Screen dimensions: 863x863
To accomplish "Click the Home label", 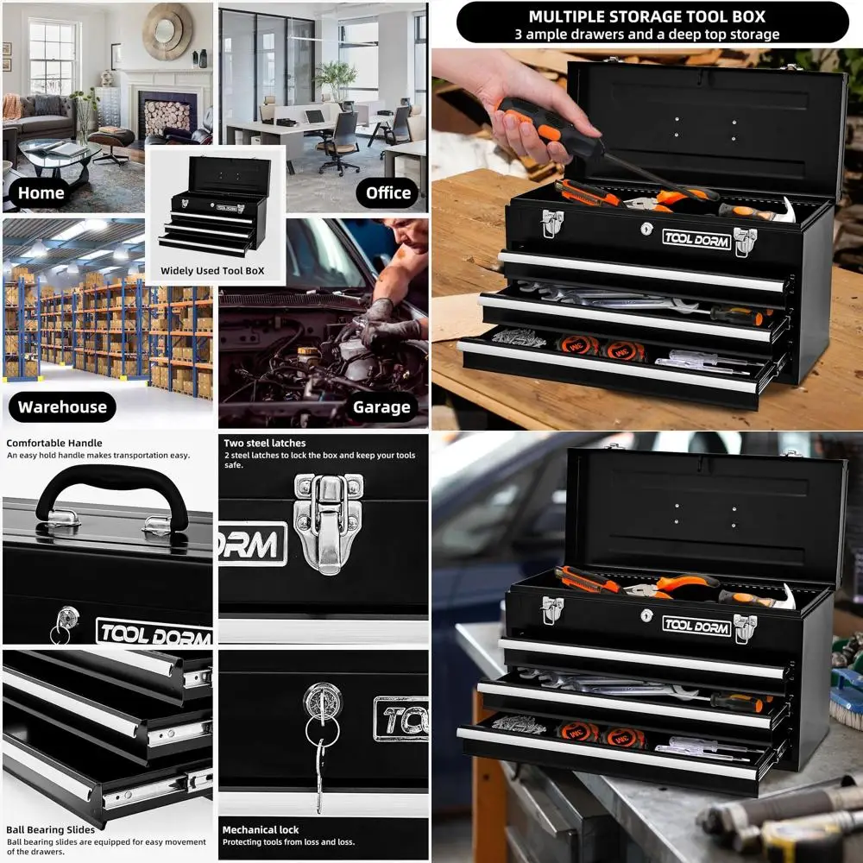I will tap(41, 192).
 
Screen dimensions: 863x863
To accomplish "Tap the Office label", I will tap(387, 192).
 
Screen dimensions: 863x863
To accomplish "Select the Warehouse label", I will tap(62, 406).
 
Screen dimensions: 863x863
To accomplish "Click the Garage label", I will tap(380, 406).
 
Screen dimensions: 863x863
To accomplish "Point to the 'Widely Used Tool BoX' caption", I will tap(212, 271).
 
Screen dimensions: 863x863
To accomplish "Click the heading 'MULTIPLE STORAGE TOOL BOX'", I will tap(646, 16).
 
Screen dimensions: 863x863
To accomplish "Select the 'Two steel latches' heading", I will tap(264, 443).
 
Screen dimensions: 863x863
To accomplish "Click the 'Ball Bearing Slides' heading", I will tap(51, 829).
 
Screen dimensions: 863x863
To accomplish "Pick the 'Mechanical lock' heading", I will tap(261, 829).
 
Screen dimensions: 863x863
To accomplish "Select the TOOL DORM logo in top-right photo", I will tap(696, 238).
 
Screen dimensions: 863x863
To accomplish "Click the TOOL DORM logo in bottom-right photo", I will tap(696, 625).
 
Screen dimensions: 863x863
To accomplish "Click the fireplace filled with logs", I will tap(167, 116).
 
